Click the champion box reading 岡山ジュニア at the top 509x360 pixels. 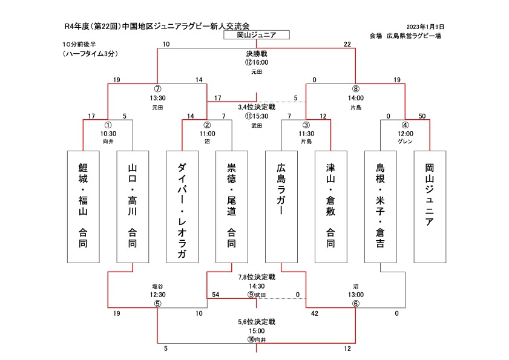click(x=257, y=35)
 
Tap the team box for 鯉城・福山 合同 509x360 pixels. click(x=82, y=206)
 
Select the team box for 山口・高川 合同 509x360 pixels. click(x=132, y=206)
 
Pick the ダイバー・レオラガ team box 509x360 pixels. click(x=182, y=206)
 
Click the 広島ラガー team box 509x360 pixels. click(x=281, y=206)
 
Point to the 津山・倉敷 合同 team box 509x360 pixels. click(x=331, y=206)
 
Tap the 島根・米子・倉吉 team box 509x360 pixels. click(x=381, y=206)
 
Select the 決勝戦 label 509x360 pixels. click(x=257, y=54)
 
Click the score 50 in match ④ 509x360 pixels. click(x=422, y=116)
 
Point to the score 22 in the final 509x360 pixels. click(x=347, y=44)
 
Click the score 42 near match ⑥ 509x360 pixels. click(x=314, y=314)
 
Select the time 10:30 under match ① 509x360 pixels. click(x=108, y=133)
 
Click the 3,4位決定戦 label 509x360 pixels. click(x=257, y=106)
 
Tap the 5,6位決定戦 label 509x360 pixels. click(x=257, y=322)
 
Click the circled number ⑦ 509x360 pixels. click(x=157, y=88)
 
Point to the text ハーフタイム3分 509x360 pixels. click(x=90, y=54)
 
